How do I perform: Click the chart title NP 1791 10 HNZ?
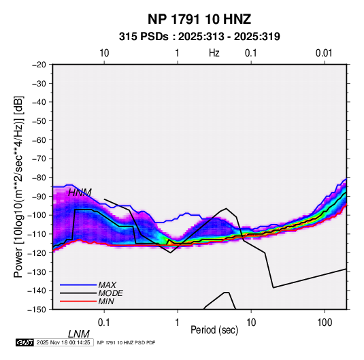tap(199, 19)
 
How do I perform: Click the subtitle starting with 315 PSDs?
tap(199, 37)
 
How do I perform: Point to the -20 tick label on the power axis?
tap(39, 65)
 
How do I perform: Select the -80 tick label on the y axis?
tap(39, 178)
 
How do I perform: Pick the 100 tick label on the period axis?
tap(325, 323)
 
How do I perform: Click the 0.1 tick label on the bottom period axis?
tap(104, 323)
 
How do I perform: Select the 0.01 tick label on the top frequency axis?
tap(324, 53)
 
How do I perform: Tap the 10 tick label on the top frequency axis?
tap(104, 53)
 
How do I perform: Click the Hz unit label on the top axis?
tap(214, 53)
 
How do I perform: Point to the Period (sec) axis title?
tap(214, 330)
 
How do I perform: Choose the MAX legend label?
tap(107, 285)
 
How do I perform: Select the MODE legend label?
tap(110, 293)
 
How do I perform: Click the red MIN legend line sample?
tap(78, 301)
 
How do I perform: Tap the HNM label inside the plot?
tap(80, 193)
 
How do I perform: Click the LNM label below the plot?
tap(79, 334)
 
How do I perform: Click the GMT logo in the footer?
tap(25, 342)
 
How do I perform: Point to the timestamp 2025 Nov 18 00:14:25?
tap(63, 342)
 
